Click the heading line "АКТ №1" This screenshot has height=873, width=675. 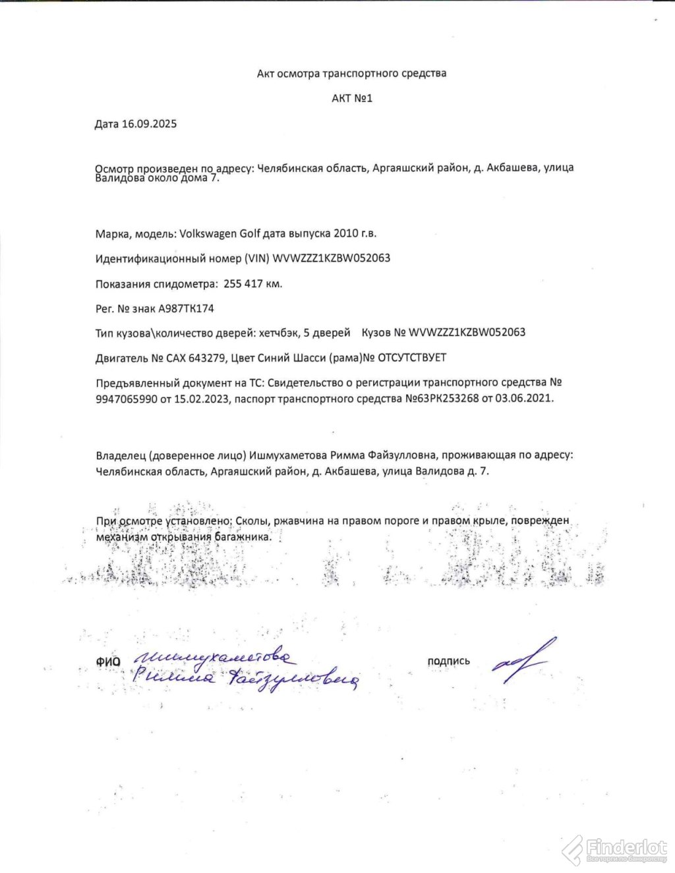pyautogui.click(x=352, y=98)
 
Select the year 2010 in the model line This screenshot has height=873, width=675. pyautogui.click(x=347, y=233)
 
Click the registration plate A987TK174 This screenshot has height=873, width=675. pyautogui.click(x=186, y=308)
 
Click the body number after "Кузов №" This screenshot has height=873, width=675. pyautogui.click(x=467, y=332)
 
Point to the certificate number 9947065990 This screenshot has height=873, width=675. pyautogui.click(x=127, y=399)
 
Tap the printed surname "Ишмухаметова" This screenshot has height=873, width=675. pyautogui.click(x=289, y=455)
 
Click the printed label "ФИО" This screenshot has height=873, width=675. pyautogui.click(x=108, y=662)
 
